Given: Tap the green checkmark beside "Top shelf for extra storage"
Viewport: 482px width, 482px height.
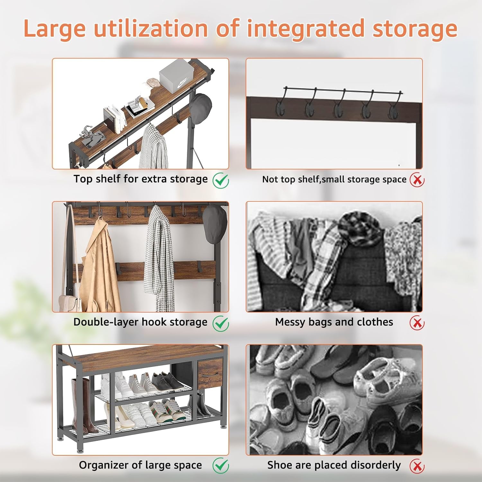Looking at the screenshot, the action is click(x=221, y=180).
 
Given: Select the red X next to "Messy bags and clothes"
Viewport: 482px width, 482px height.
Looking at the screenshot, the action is click(x=417, y=323).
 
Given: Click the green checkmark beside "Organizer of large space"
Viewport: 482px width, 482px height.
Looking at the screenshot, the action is click(x=221, y=466).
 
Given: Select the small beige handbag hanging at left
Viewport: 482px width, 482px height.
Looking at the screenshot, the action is click(x=69, y=304).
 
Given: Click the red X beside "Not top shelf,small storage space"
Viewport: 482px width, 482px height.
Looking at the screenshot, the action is click(x=417, y=180).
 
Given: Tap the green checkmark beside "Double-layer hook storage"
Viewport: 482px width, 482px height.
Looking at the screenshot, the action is click(x=221, y=323).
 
